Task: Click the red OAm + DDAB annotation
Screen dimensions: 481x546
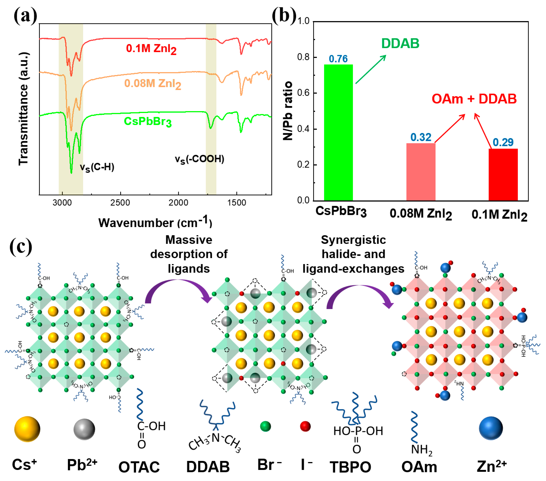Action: point(474,99)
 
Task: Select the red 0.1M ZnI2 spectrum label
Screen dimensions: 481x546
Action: point(151,49)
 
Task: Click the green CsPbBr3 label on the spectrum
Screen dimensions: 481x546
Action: point(147,122)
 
